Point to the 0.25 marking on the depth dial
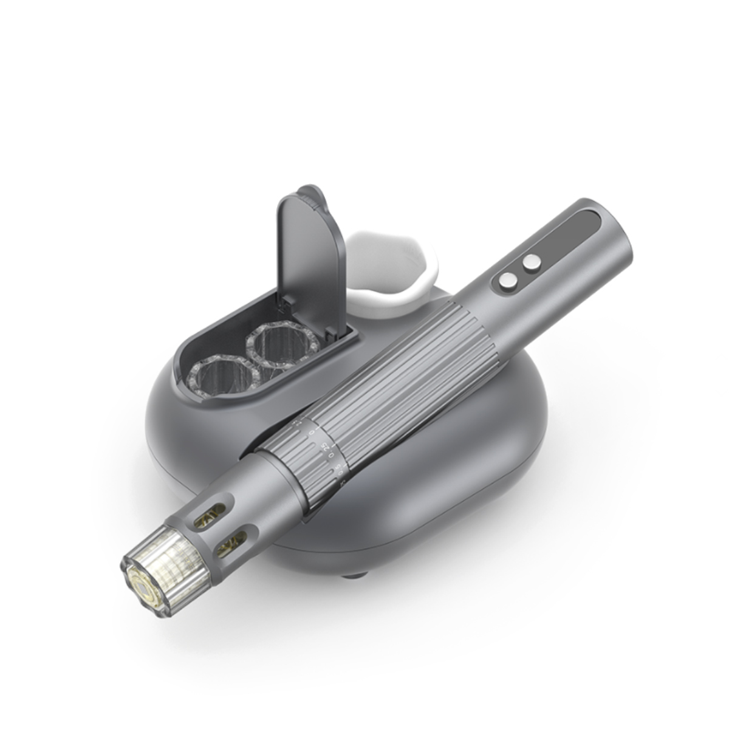(x=325, y=448)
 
